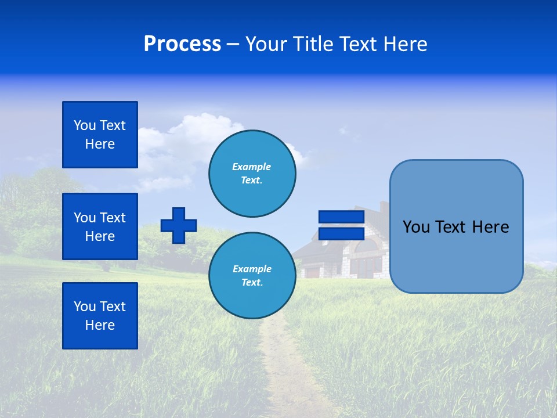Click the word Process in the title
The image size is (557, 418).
182,44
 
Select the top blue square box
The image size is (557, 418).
100,135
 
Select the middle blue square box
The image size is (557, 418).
100,226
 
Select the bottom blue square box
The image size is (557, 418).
100,316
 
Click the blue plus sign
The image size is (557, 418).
179,225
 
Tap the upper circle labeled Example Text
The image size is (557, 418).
252,174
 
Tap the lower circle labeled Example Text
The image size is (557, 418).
252,276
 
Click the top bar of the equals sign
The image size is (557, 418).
341,217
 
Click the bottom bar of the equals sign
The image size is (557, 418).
341,233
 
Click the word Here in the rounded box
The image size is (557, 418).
490,227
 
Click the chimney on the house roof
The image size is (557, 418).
384,208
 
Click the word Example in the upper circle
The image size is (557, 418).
251,167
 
